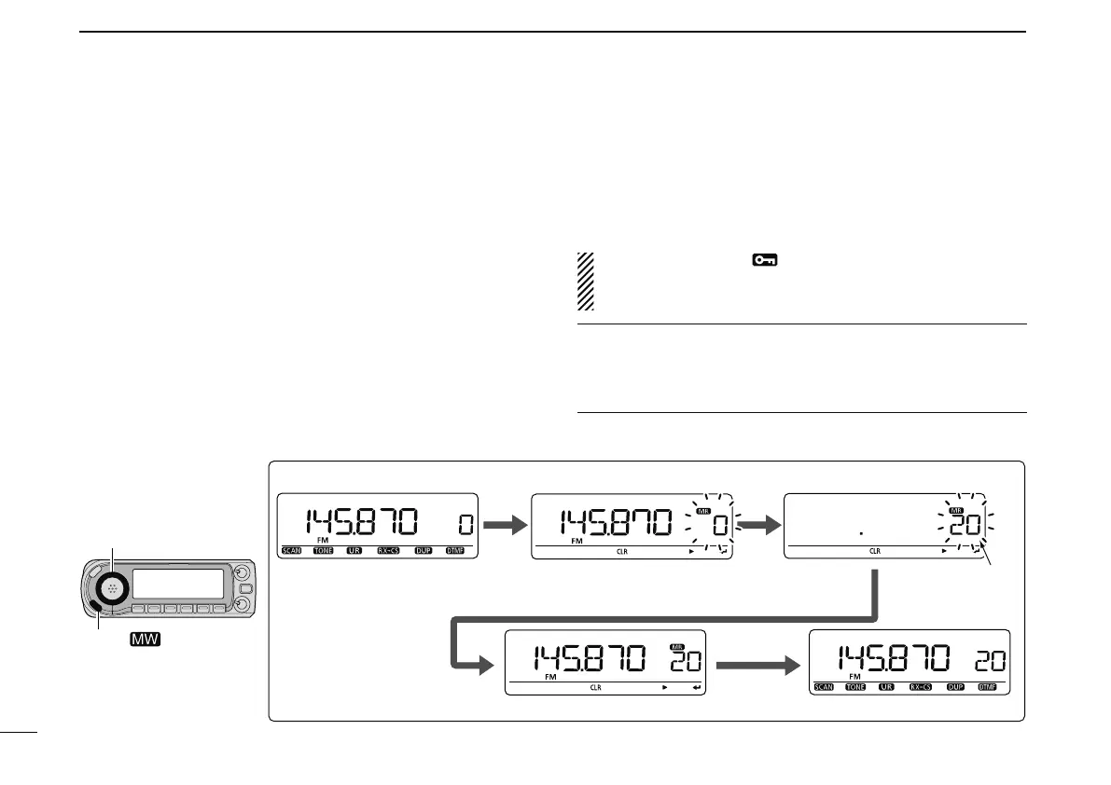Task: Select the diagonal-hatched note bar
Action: coord(585,281)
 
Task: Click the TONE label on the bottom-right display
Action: coord(854,686)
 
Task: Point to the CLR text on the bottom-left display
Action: coord(596,687)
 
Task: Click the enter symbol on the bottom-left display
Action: coord(695,687)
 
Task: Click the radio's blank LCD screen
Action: coord(177,585)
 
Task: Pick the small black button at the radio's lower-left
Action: coord(99,606)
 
